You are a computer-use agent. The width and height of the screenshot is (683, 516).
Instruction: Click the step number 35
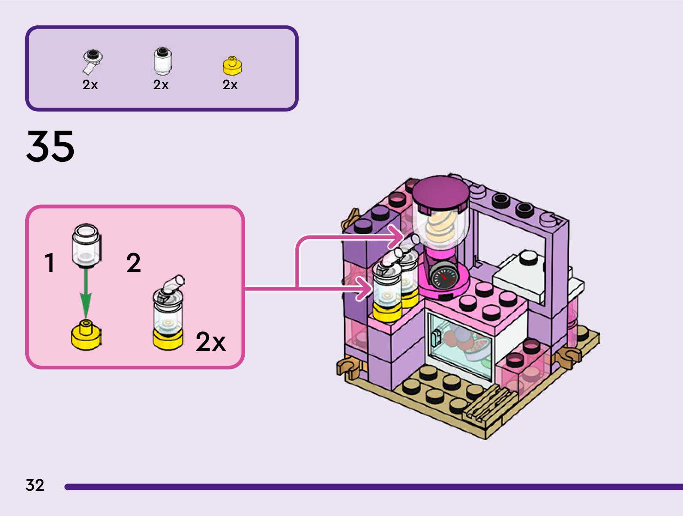(x=51, y=146)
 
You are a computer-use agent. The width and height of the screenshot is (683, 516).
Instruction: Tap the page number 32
(x=35, y=485)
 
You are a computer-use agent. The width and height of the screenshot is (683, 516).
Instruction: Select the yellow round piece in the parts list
(x=232, y=66)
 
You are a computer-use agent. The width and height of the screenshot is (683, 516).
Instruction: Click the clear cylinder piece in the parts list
(x=162, y=61)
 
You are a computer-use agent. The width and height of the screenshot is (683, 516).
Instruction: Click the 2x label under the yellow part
(x=230, y=85)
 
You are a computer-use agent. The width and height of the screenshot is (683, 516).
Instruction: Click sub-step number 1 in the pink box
(x=50, y=262)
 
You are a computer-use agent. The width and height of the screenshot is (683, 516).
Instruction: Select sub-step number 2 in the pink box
(x=133, y=262)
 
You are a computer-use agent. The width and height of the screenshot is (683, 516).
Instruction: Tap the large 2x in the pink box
(x=210, y=342)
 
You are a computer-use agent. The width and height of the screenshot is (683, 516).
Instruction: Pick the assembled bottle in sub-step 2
(x=168, y=315)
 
